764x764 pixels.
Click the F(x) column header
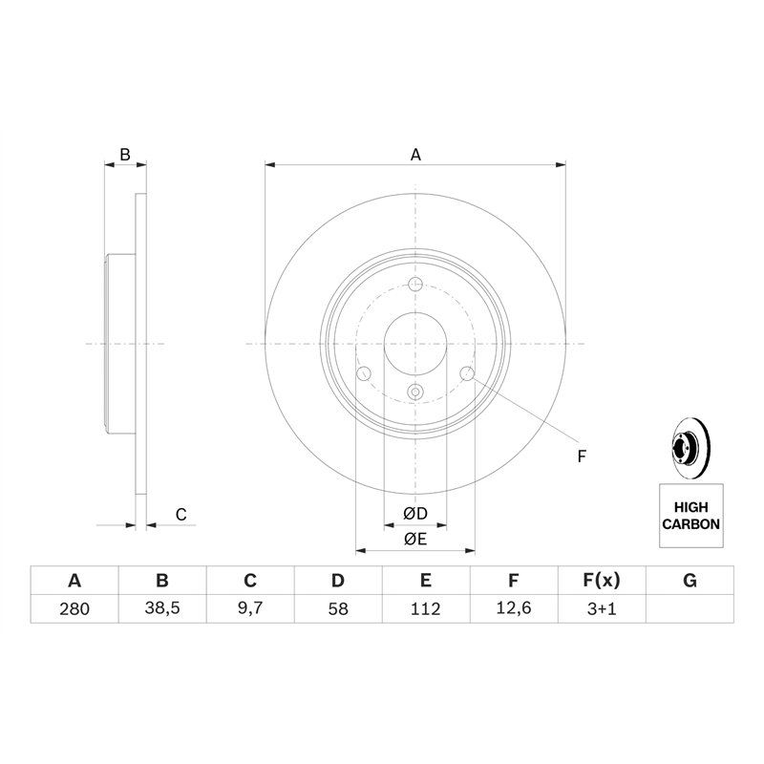(x=602, y=581)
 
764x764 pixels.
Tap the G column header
(x=690, y=581)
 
